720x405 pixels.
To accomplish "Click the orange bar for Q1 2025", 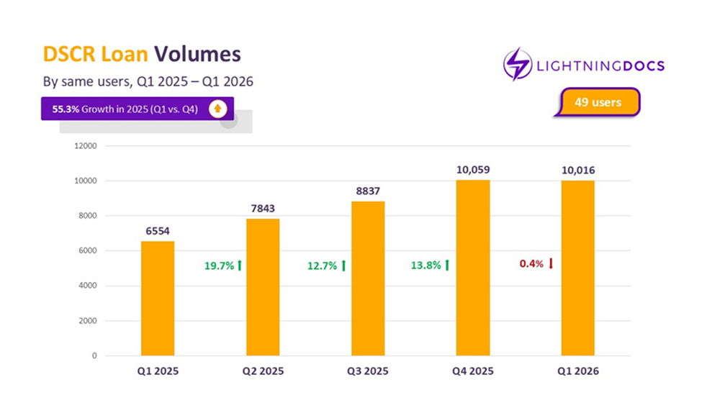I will point(157,298).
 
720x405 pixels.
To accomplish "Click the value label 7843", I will point(263,209).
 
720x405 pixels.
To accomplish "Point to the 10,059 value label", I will point(473,170).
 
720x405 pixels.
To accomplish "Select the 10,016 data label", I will point(578,170).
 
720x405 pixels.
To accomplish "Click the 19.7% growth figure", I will point(219,265).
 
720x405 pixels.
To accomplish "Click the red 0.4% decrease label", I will point(531,264).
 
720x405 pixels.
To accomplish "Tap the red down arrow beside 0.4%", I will point(551,264).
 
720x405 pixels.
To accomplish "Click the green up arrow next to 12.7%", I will point(343,265).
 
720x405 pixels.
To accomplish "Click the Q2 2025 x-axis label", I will point(263,372).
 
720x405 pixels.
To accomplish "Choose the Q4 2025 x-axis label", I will point(473,372).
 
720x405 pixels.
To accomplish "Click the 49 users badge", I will point(598,102).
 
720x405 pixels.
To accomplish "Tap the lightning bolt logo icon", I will point(518,65).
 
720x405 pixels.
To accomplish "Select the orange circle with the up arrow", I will point(217,109).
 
